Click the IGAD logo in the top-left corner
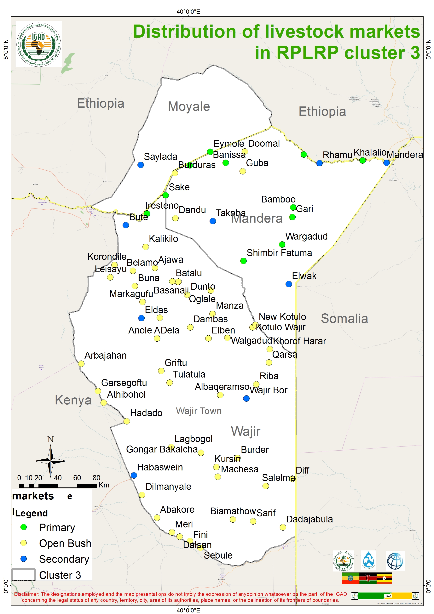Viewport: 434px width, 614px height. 38,44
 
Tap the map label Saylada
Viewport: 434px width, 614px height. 160,156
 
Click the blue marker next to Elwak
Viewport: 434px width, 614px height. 288,284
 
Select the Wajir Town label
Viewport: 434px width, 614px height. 199,411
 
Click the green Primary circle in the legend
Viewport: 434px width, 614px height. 24,527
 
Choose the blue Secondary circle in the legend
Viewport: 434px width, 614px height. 24,559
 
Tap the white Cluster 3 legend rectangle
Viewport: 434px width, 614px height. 24,575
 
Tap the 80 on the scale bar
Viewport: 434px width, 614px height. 96,478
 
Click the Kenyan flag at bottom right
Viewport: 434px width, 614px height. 368,578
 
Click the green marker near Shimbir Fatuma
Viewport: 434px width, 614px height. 243,261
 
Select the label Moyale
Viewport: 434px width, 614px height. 189,106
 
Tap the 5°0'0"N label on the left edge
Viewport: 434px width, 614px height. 6,49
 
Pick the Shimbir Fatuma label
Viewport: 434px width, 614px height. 279,253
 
